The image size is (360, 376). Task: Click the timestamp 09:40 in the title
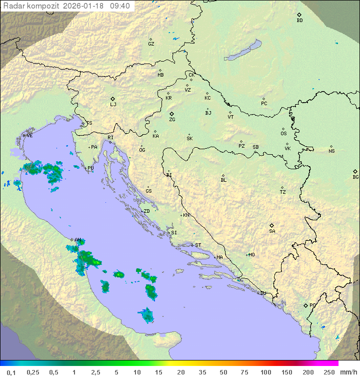click(x=120, y=6)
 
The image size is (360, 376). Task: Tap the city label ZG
click(x=172, y=120)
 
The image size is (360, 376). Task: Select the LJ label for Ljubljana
click(x=113, y=105)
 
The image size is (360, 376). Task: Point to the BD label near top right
click(x=299, y=21)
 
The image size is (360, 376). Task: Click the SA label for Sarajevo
click(x=272, y=231)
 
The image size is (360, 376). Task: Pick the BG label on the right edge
click(x=355, y=177)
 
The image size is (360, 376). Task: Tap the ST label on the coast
click(x=198, y=245)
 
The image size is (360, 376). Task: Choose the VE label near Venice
click(x=29, y=136)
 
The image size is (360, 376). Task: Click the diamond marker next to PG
click(x=305, y=305)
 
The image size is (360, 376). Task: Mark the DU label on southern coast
click(x=262, y=293)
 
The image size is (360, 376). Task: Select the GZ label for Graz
click(x=151, y=44)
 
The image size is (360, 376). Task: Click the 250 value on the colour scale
click(x=328, y=372)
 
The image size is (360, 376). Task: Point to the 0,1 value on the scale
click(x=11, y=372)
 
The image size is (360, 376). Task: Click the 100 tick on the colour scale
click(x=265, y=372)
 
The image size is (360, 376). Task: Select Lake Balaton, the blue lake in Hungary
click(x=242, y=51)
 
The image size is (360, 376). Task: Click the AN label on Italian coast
click(x=77, y=240)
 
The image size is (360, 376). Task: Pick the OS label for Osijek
click(x=283, y=134)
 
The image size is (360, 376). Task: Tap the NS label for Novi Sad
click(x=331, y=151)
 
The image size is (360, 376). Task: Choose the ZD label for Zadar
click(x=146, y=211)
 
